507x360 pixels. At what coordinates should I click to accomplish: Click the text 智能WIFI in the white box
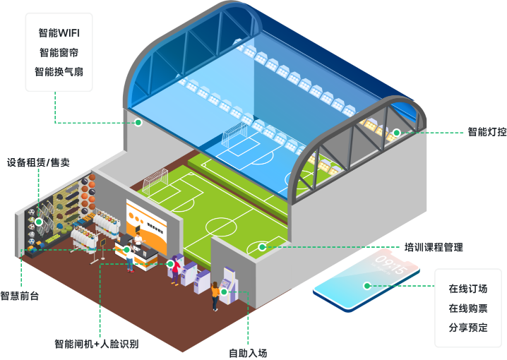click(x=59, y=33)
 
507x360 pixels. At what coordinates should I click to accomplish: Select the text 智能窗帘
click(x=59, y=52)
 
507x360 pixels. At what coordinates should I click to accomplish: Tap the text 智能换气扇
click(x=59, y=71)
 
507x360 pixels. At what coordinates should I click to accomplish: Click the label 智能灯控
click(x=487, y=132)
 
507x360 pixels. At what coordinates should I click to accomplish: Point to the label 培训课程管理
click(x=434, y=248)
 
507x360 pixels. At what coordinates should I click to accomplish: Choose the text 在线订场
click(x=468, y=289)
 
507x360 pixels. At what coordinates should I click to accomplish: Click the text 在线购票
click(x=468, y=308)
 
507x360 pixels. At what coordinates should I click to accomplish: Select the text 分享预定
click(x=468, y=328)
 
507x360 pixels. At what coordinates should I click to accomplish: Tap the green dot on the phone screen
click(x=366, y=286)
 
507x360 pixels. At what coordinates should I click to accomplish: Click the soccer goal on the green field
click(x=155, y=183)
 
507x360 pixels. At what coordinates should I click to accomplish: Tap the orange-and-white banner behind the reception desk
click(x=147, y=219)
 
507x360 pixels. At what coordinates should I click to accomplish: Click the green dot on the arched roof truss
click(x=397, y=132)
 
